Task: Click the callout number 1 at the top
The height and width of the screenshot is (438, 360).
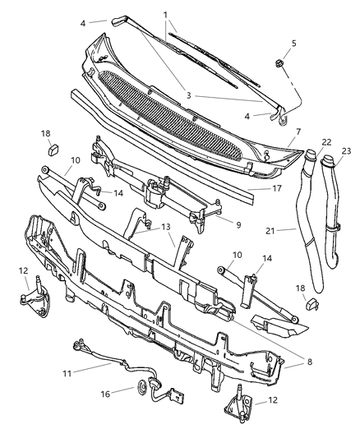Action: (x=165, y=15)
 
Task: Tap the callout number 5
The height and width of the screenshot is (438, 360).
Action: (x=294, y=44)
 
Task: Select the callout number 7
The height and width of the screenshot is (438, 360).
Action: (x=298, y=131)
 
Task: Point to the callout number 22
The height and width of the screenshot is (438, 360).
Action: (x=303, y=142)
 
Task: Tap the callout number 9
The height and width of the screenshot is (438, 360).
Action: (x=238, y=223)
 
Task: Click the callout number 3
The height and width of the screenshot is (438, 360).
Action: (x=188, y=96)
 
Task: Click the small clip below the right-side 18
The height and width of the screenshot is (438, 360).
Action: (x=312, y=303)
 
